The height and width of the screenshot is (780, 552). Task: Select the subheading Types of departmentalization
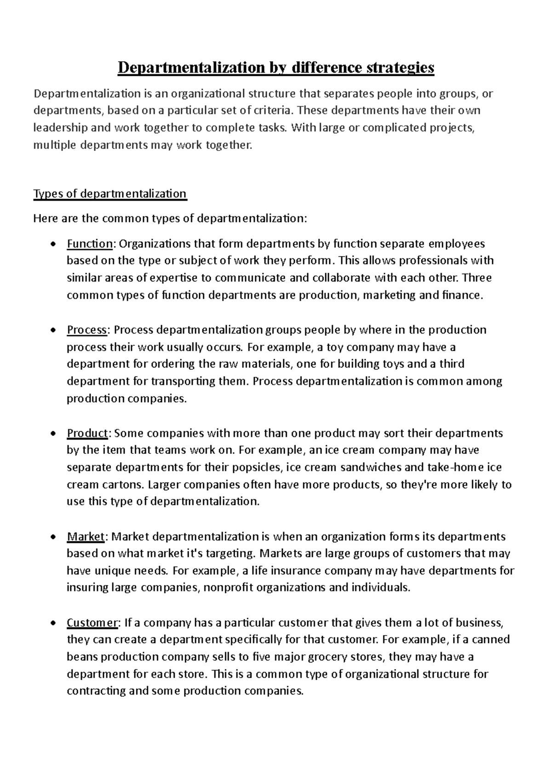[x=110, y=194]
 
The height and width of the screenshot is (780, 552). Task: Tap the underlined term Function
[x=90, y=243]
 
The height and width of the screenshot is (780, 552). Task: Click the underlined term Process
[x=87, y=330]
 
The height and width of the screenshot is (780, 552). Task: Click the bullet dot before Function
[x=54, y=244]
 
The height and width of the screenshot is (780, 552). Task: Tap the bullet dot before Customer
[x=54, y=624]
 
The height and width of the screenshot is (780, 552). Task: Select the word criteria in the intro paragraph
[x=273, y=110]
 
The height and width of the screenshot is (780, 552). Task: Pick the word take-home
[x=451, y=468]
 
